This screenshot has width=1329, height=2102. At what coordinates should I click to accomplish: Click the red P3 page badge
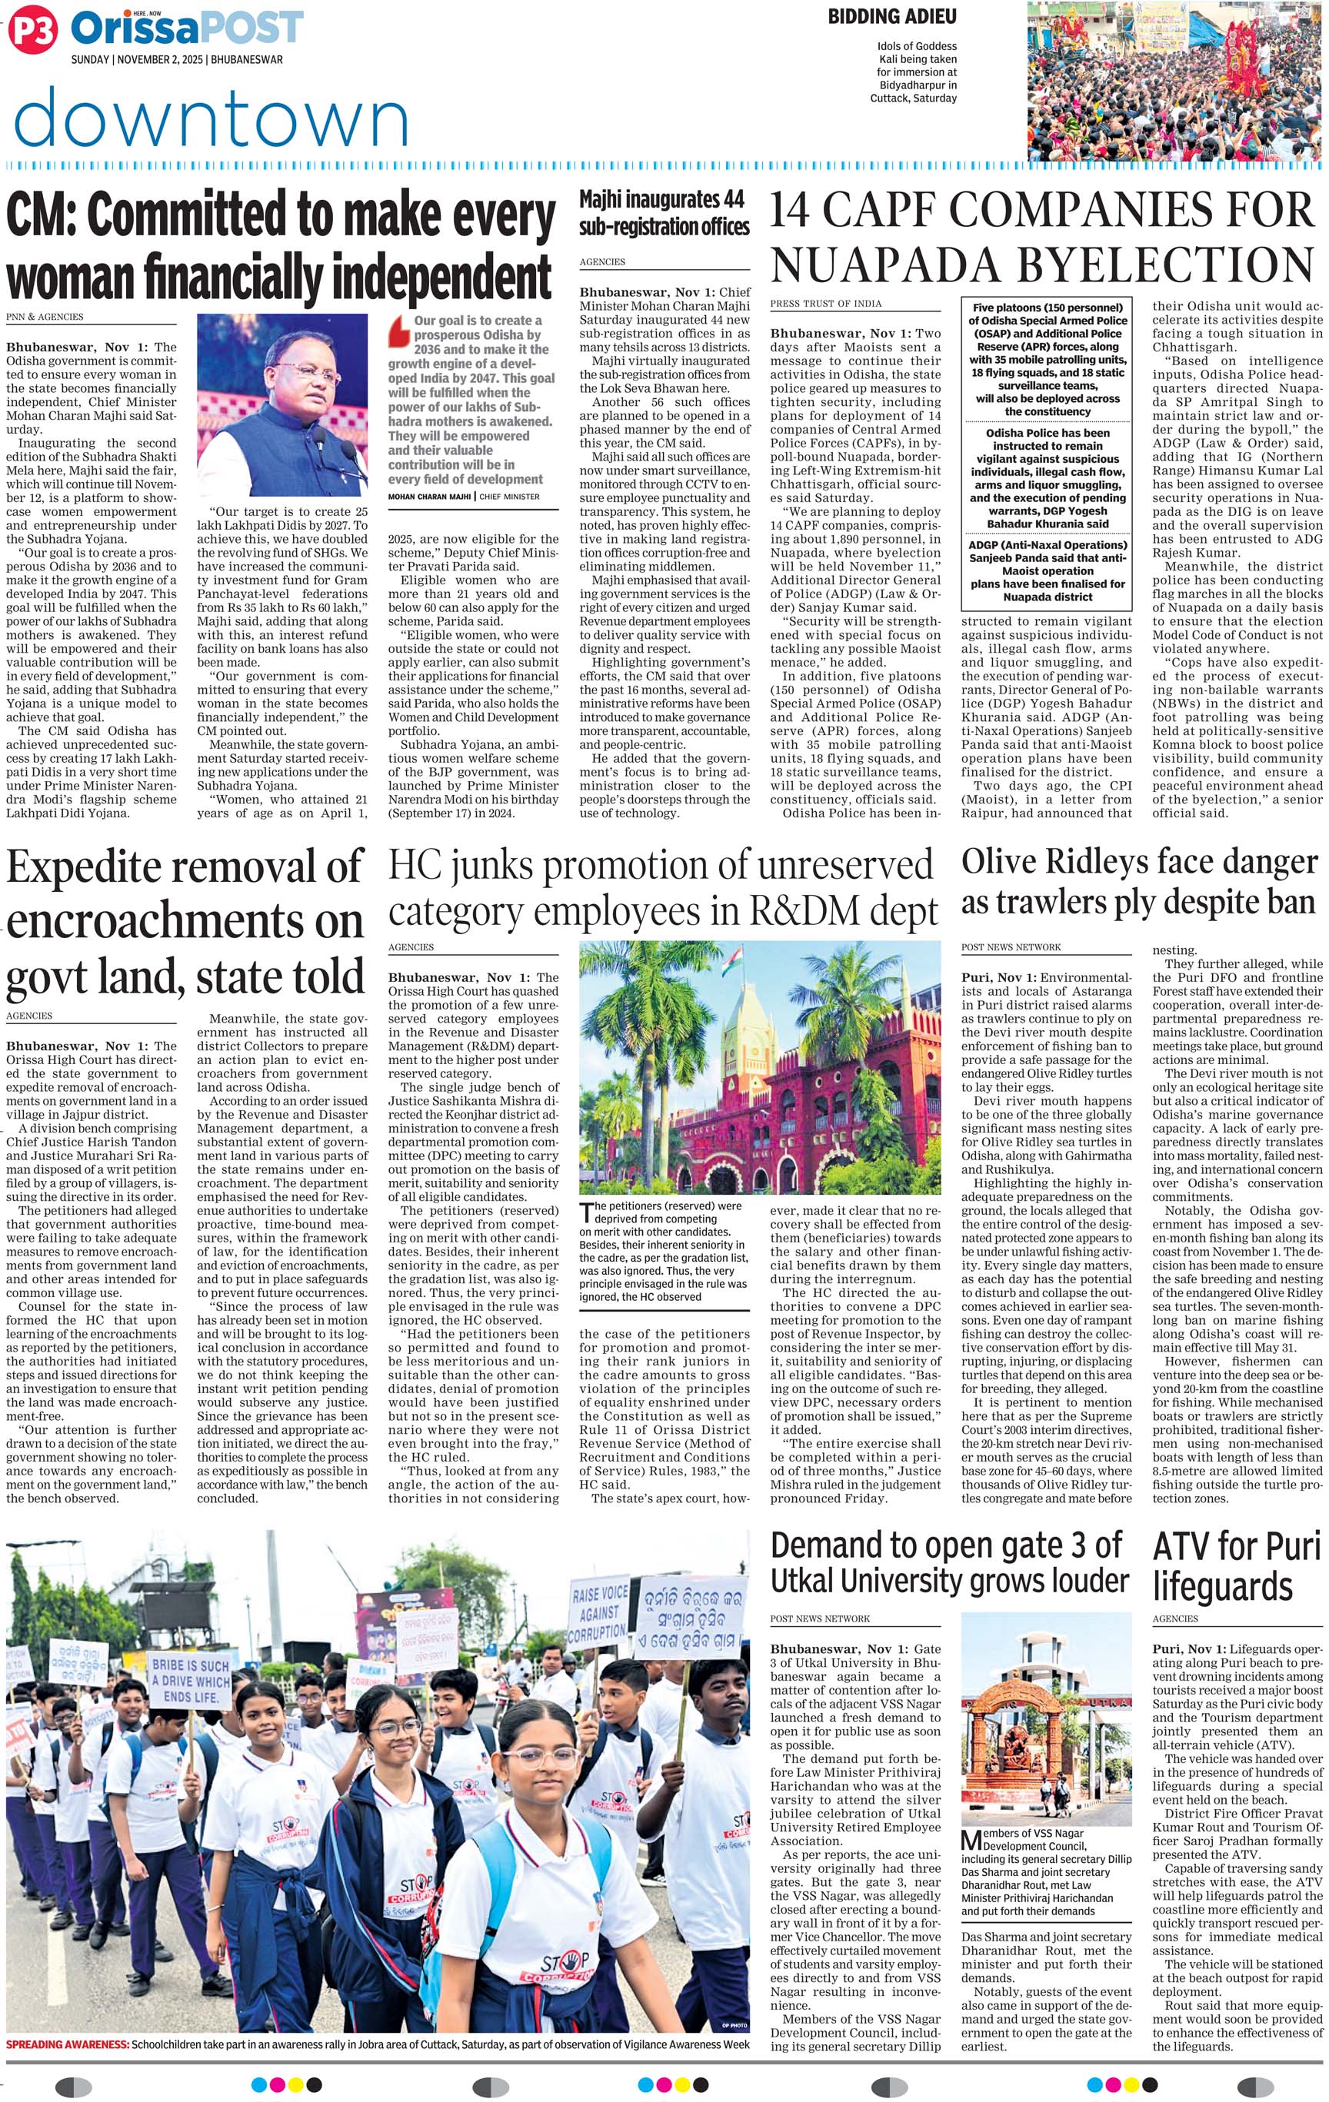pos(32,32)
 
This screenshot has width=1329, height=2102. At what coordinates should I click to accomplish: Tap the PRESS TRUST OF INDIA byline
pos(825,304)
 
